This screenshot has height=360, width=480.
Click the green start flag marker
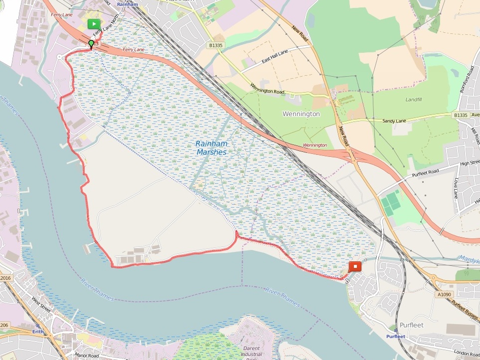point(93,24)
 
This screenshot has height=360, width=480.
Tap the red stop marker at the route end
point(355,266)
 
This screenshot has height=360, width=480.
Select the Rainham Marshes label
point(211,148)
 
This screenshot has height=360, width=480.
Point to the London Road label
point(466,354)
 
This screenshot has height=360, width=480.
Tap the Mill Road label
point(474,136)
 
